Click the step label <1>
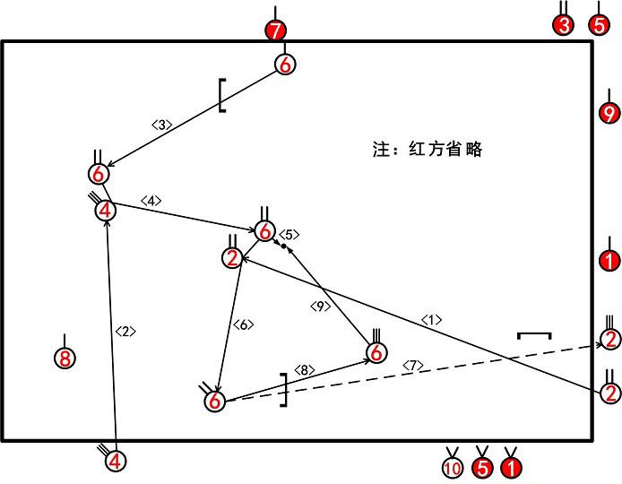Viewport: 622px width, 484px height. click(432, 319)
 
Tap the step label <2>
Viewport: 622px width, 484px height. click(126, 331)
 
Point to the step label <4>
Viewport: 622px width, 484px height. click(151, 201)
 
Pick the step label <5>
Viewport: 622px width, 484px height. click(289, 234)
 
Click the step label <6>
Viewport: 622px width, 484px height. click(243, 324)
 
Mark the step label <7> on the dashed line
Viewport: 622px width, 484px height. click(413, 365)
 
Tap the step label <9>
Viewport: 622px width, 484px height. click(321, 307)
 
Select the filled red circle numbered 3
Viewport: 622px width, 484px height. click(563, 25)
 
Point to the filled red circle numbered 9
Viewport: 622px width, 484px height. click(609, 114)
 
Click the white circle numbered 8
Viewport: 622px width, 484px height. click(64, 359)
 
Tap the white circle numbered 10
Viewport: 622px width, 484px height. click(452, 467)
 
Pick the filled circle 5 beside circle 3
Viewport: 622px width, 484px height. click(599, 25)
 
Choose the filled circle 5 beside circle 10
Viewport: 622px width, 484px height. click(482, 467)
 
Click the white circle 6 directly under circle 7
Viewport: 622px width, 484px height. click(284, 65)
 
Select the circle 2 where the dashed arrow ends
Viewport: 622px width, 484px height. click(609, 340)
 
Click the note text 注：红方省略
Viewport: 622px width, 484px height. click(427, 150)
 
